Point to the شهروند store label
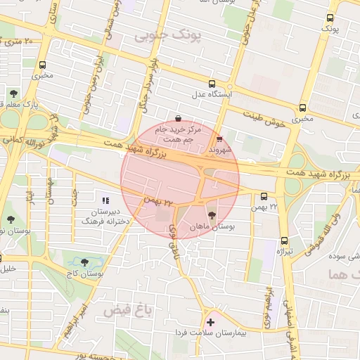[x=221, y=149]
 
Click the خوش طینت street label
[x=267, y=117]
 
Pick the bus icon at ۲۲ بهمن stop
[x=264, y=197]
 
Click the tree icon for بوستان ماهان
[x=212, y=215]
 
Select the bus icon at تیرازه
[x=283, y=240]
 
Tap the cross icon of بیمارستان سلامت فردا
[x=210, y=322]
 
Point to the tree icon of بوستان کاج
[x=84, y=262]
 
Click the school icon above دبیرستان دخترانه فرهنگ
[x=105, y=201]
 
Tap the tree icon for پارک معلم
[x=13, y=93]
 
